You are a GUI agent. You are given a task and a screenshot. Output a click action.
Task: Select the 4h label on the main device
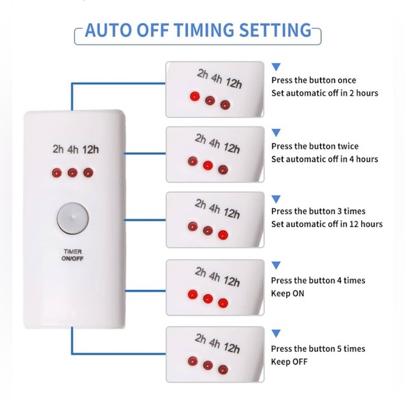coord(73,148)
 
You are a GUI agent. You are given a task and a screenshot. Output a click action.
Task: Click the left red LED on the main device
coord(56,172)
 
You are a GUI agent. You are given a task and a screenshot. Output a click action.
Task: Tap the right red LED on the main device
coord(87,172)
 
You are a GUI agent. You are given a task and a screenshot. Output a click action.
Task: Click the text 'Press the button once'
coord(313,80)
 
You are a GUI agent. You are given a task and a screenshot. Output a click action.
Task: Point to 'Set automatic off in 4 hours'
coord(325,159)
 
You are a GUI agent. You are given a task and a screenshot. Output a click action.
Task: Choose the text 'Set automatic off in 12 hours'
coord(327,224)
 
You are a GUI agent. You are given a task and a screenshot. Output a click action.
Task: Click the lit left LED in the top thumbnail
coord(194,95)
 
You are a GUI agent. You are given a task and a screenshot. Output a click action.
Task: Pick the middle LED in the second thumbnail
coord(207,165)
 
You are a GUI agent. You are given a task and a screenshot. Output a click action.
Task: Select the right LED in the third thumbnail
coord(223,234)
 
